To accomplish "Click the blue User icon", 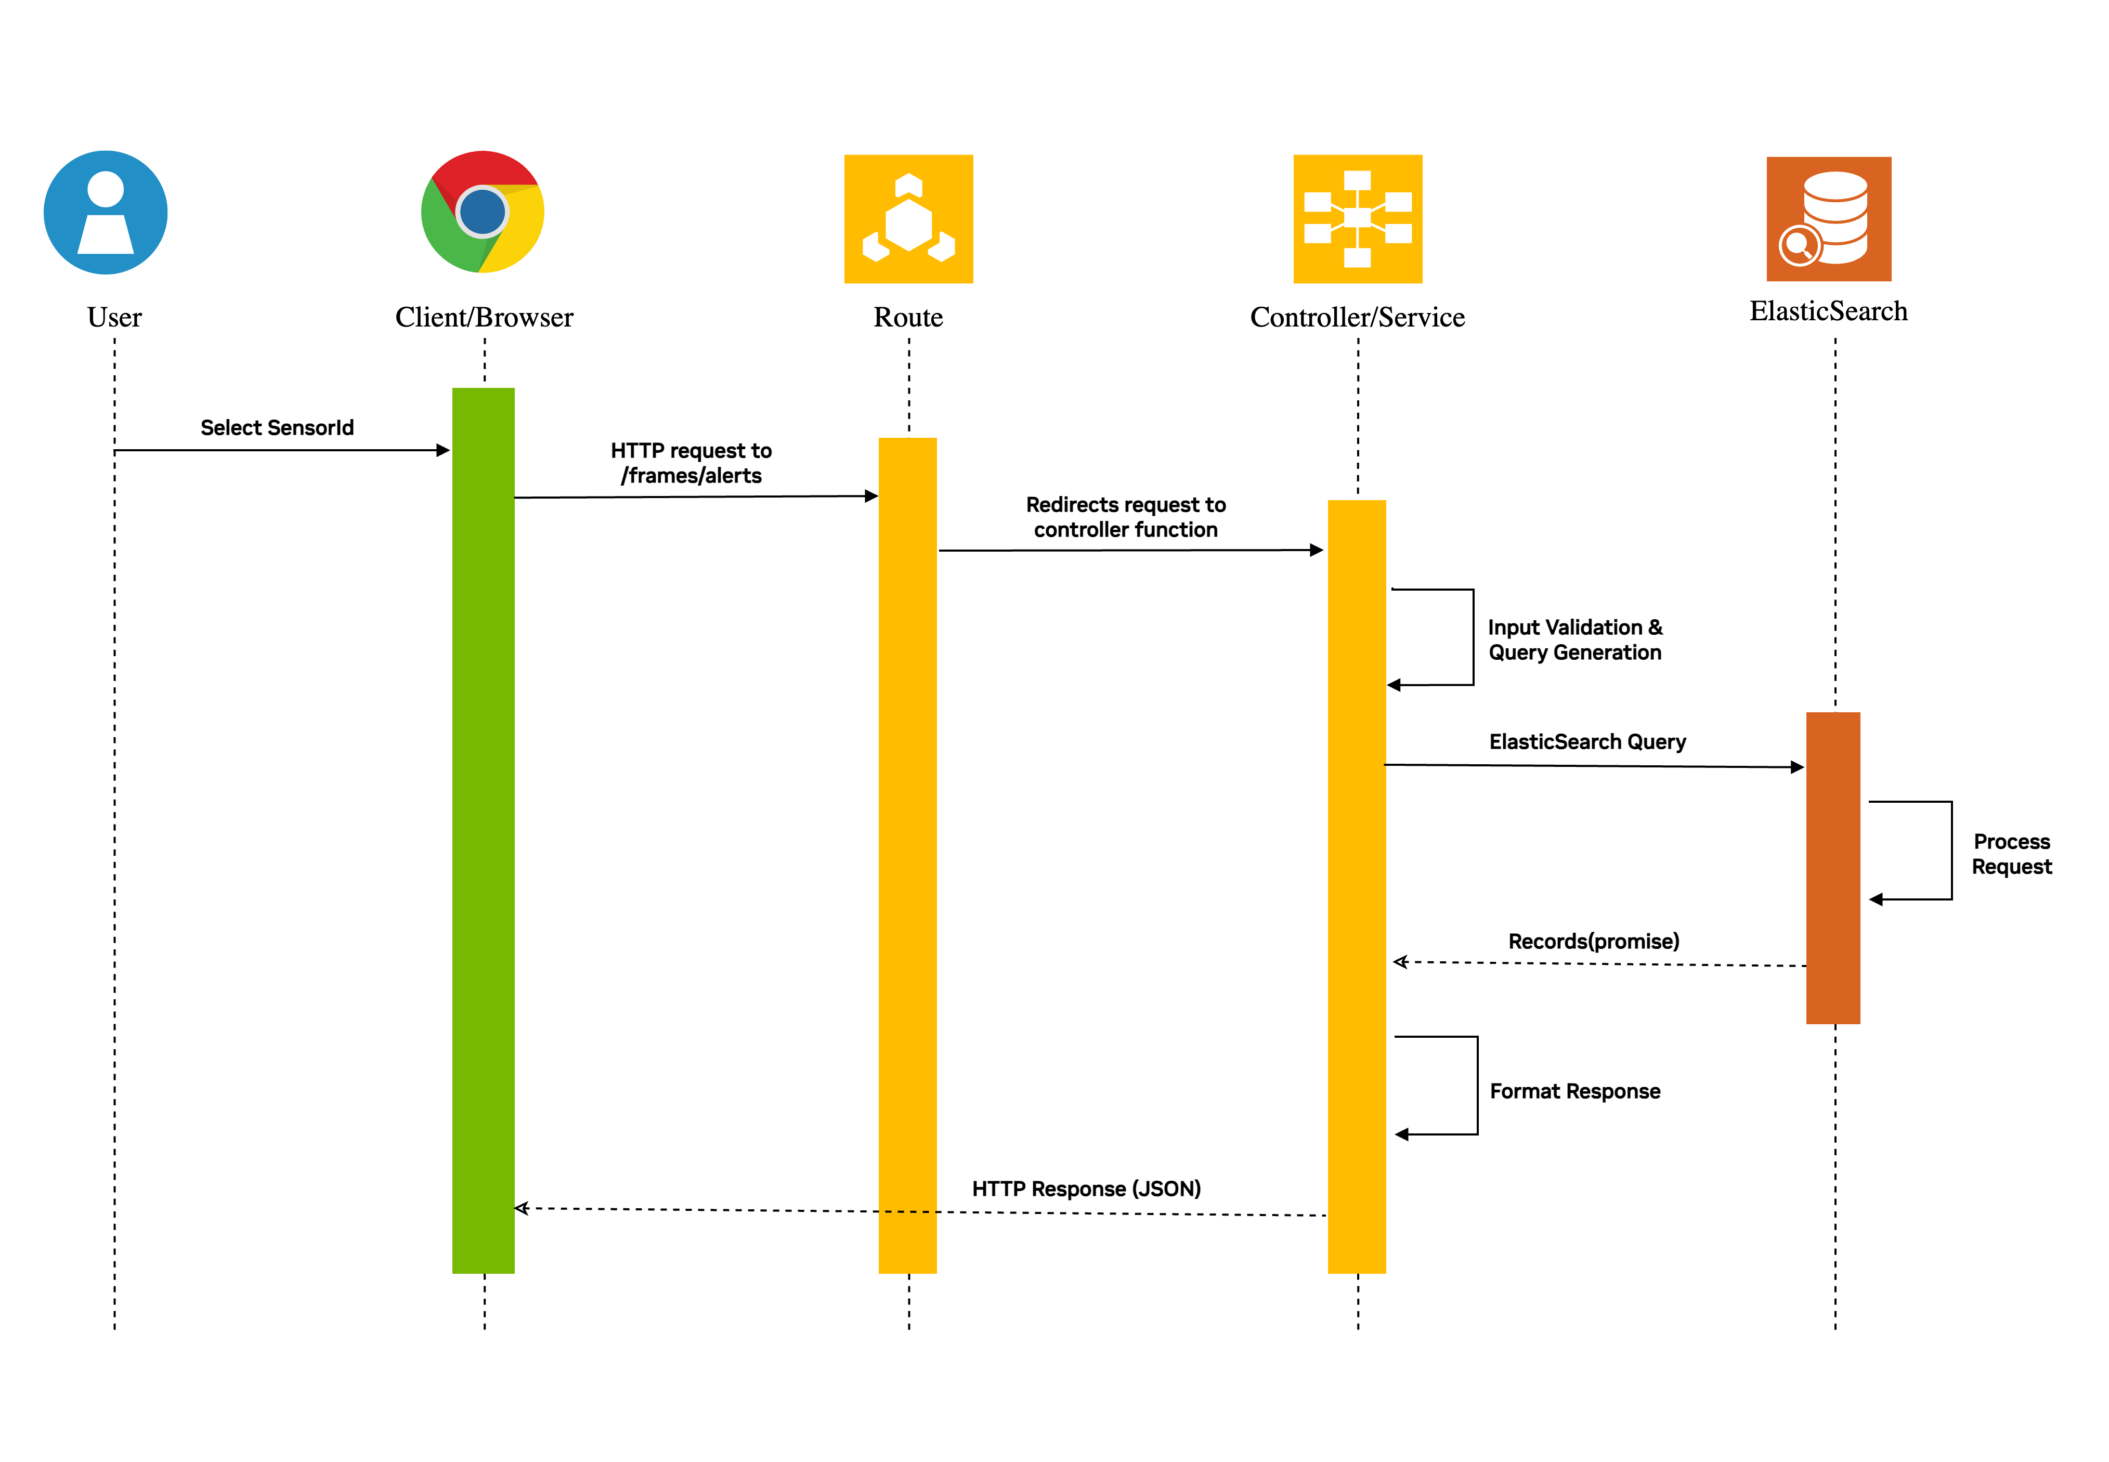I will click(106, 213).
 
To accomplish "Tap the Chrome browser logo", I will click(483, 212).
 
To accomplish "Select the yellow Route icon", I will click(908, 219).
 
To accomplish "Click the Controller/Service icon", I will click(1357, 219).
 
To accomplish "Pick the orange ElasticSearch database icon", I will click(1828, 219).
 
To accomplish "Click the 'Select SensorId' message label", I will click(277, 428).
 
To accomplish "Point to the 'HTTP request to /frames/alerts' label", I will click(691, 463).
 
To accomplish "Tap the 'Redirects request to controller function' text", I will click(1125, 517).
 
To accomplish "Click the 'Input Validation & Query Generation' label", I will click(1574, 639).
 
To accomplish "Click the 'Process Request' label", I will click(2011, 854).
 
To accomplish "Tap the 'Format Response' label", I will click(1574, 1091).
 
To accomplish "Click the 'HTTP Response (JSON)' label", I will click(1086, 1188).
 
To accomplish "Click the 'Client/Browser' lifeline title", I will click(484, 317).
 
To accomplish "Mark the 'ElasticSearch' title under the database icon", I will click(1828, 311).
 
